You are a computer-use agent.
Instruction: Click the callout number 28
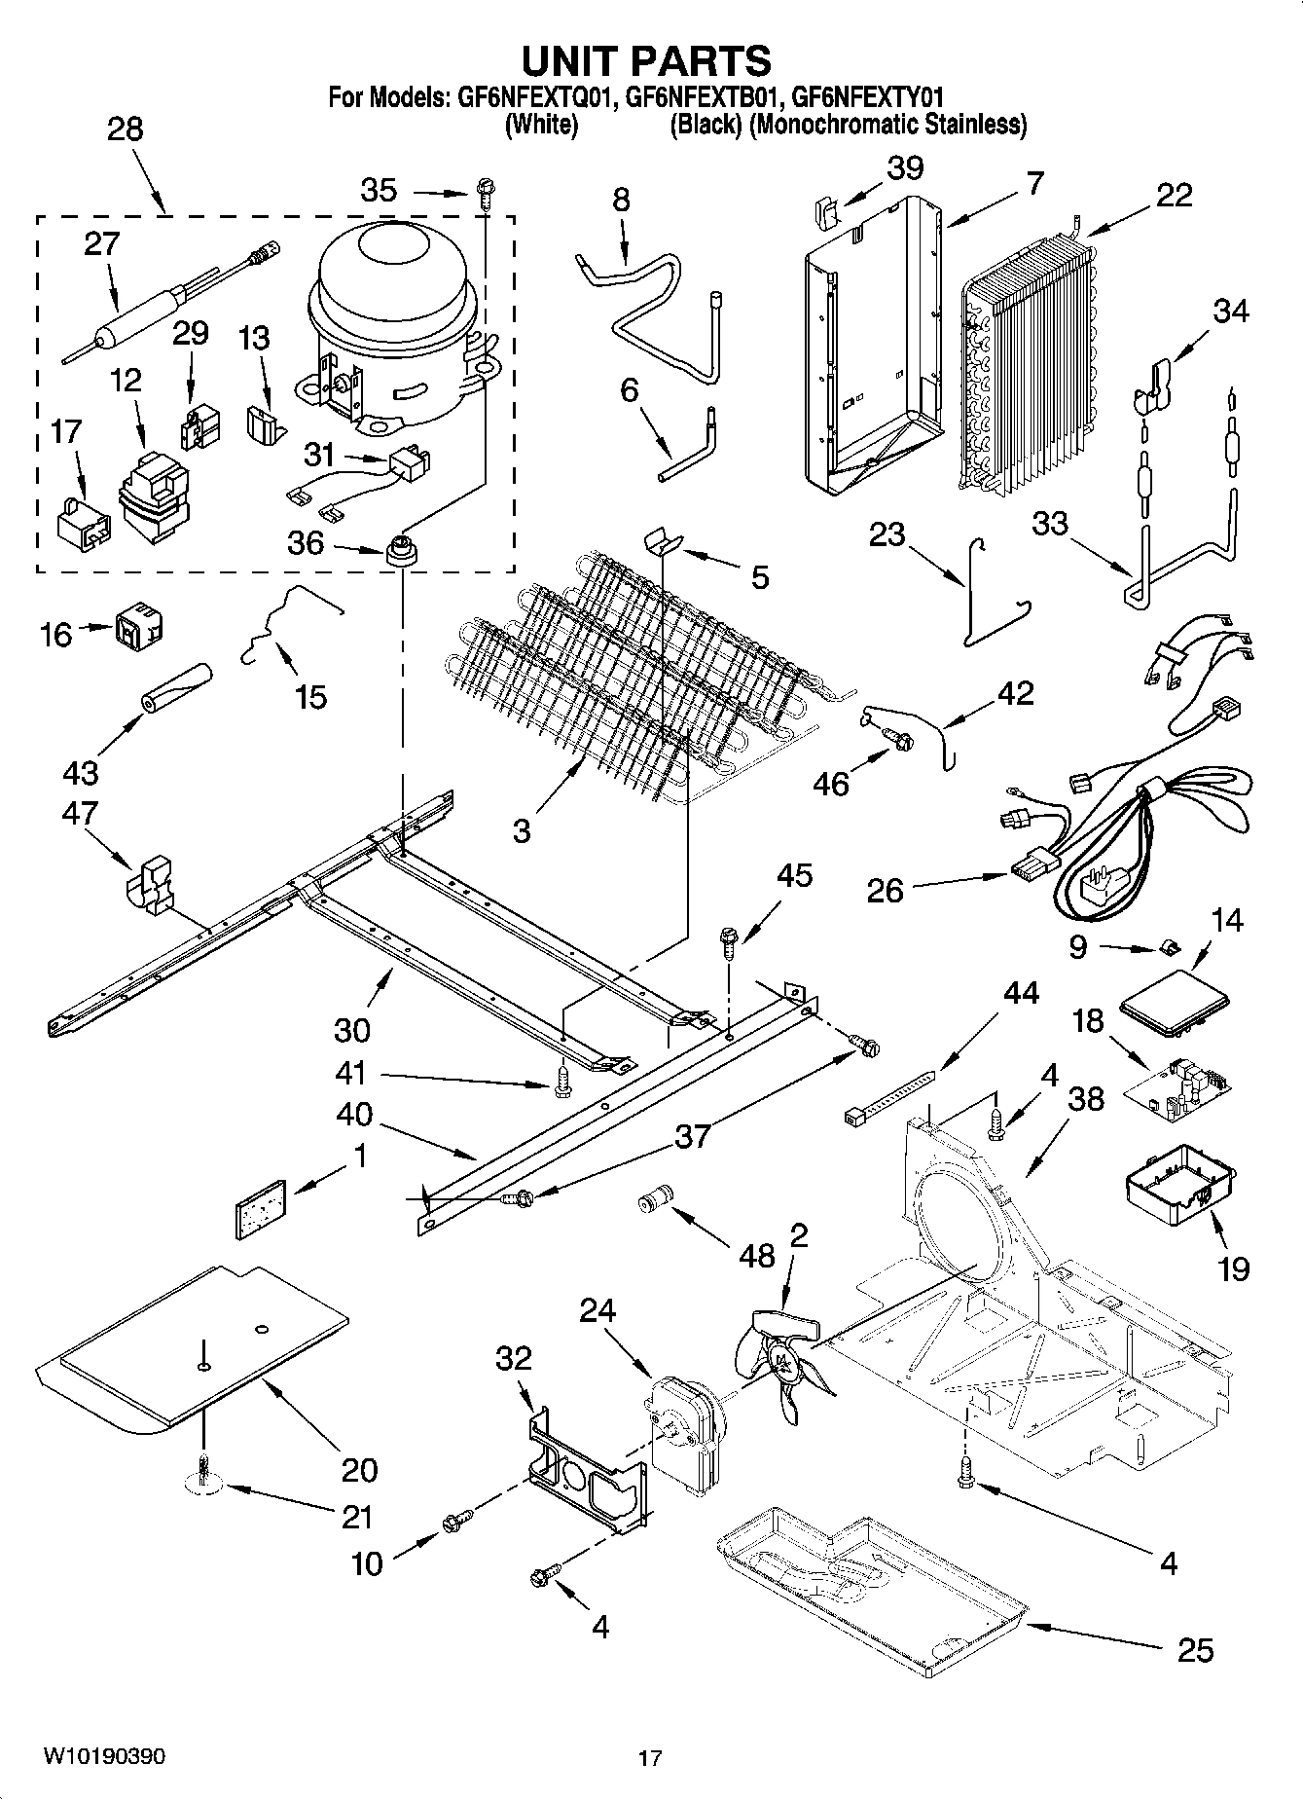point(125,129)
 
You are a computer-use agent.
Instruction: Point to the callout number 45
point(795,875)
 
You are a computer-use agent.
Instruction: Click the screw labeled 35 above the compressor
point(485,192)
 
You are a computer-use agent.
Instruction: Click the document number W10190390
point(104,1756)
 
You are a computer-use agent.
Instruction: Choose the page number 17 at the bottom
point(650,1758)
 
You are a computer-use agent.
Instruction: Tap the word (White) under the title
point(541,125)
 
